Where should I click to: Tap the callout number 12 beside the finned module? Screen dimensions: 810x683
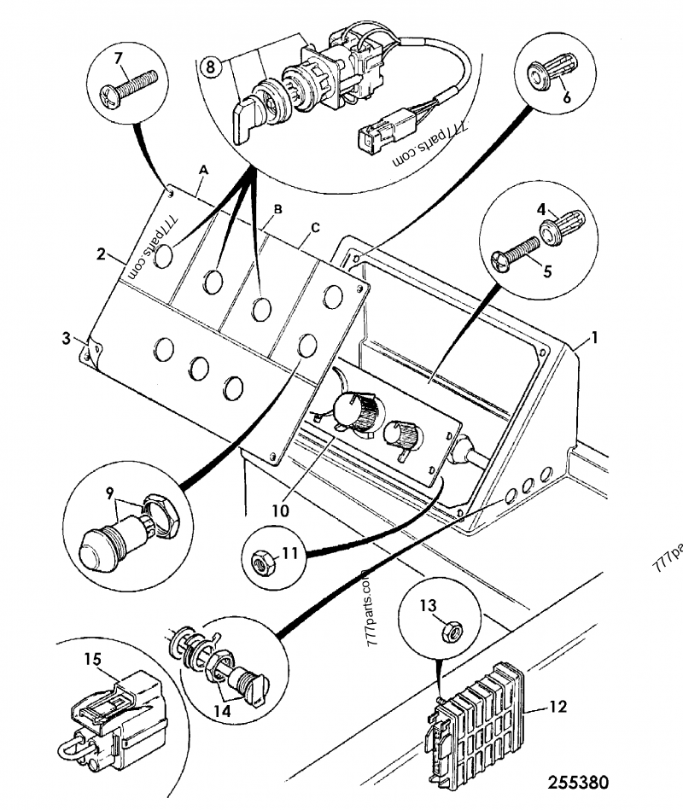(x=557, y=707)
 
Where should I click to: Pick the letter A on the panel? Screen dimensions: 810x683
(x=202, y=170)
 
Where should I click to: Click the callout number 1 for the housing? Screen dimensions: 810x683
(x=595, y=338)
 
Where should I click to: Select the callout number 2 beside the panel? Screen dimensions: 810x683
(x=101, y=254)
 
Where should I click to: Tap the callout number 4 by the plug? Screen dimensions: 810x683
(x=541, y=209)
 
